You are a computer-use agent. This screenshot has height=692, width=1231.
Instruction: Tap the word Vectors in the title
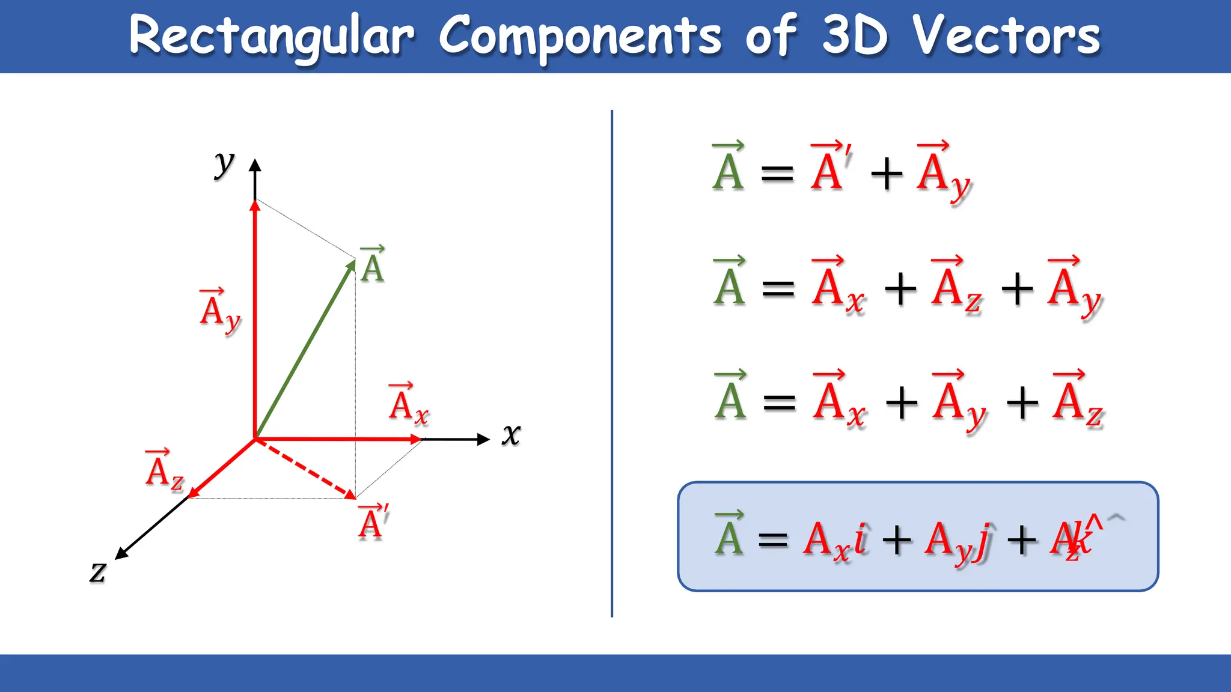(1006, 36)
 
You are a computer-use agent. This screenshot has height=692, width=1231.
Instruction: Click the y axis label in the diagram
(224, 163)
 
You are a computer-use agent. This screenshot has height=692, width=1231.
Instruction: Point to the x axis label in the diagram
(511, 434)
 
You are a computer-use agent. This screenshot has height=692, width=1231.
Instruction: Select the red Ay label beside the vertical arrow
(220, 311)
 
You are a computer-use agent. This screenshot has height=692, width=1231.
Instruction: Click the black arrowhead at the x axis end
(484, 439)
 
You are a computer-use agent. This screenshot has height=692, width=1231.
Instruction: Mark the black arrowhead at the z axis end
(120, 554)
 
